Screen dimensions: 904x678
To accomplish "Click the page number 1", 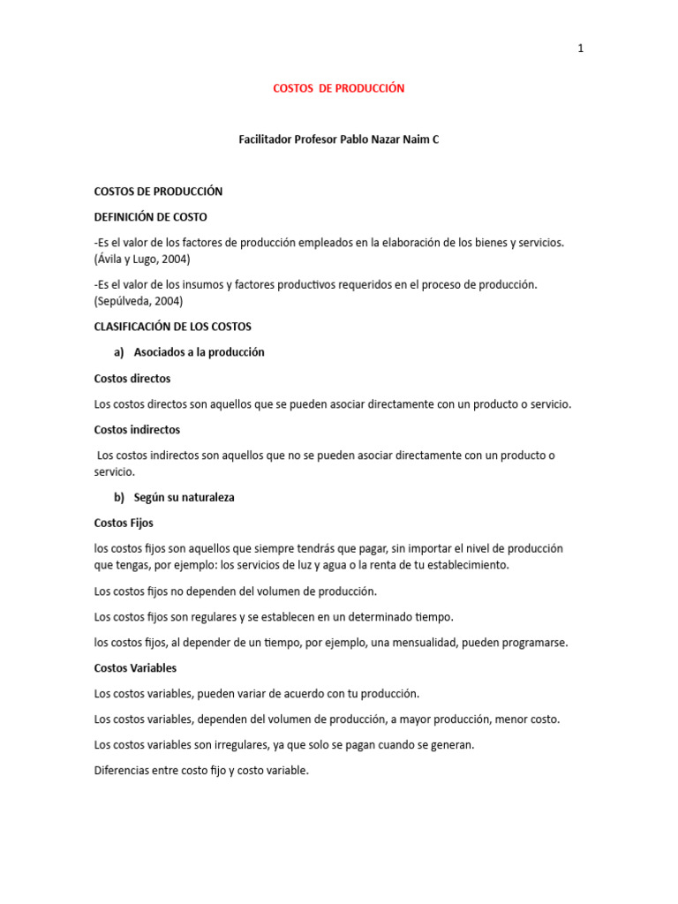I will pos(580,49).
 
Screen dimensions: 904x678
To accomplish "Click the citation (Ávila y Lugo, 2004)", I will pos(142,259).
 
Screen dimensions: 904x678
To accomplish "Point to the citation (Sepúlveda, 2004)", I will pos(139,301).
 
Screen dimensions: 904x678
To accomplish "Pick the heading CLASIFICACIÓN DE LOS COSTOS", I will pos(173,327).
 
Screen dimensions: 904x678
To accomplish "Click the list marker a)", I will pos(119,352).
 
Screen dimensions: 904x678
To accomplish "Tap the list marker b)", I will pos(119,497).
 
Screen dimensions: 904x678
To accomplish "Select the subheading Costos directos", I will pos(132,378).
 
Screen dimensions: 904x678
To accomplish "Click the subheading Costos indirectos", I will pos(137,430).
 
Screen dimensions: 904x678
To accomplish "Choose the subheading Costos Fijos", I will pos(124,523).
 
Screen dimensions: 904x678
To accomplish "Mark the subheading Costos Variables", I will pos(135,668).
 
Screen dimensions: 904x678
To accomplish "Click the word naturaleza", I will pos(203,497).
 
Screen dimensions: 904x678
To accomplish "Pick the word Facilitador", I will pos(264,139).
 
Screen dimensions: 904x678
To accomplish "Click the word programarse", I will pos(535,643).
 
